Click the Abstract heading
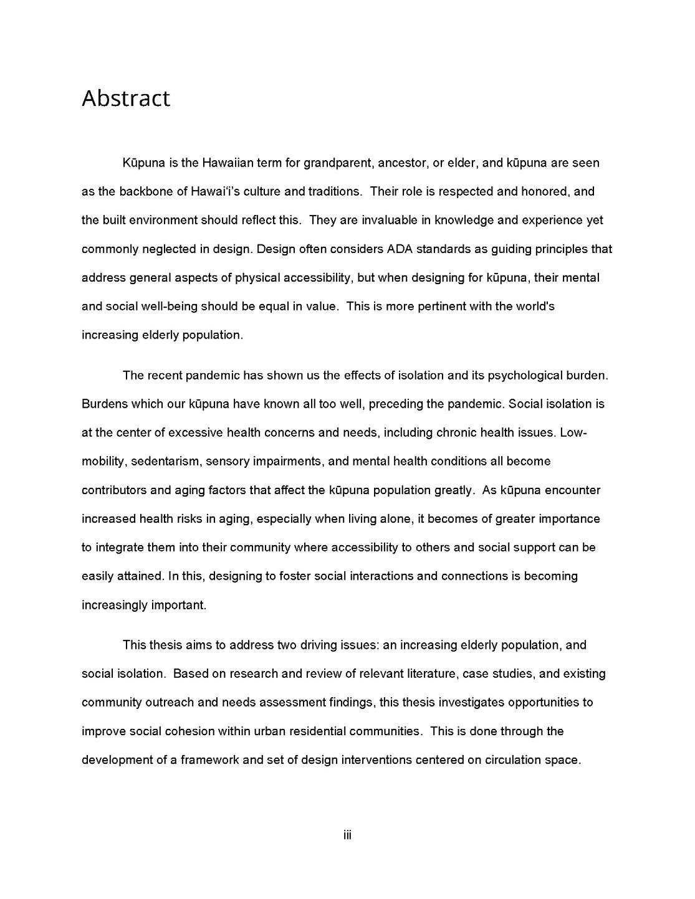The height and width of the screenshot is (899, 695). (x=125, y=98)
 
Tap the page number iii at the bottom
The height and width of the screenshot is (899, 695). (x=347, y=835)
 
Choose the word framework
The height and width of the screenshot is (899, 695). (x=209, y=760)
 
